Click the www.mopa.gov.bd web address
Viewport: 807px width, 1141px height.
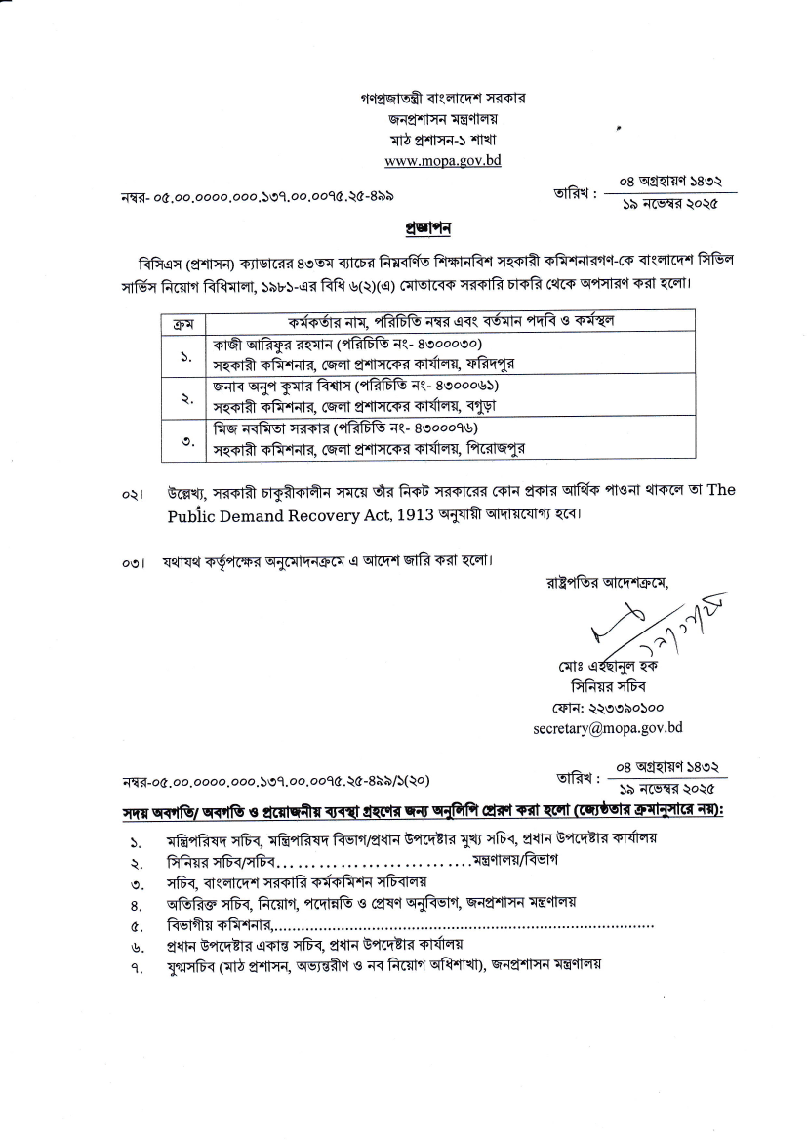442,160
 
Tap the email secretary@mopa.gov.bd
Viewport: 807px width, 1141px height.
607,727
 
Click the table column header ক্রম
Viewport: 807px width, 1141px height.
182,321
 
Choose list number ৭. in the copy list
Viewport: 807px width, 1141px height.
137,966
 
